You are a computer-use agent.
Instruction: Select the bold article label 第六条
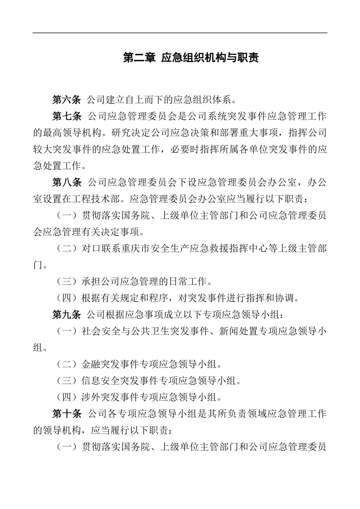(x=67, y=100)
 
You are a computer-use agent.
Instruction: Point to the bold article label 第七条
(x=67, y=116)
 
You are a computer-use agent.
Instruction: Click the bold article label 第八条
(x=67, y=182)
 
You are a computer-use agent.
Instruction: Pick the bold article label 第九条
(x=67, y=314)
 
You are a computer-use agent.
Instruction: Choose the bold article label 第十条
(x=67, y=414)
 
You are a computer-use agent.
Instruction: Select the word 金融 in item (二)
(x=91, y=364)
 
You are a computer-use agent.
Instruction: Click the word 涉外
(x=91, y=397)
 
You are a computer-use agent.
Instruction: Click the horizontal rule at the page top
(x=180, y=33)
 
